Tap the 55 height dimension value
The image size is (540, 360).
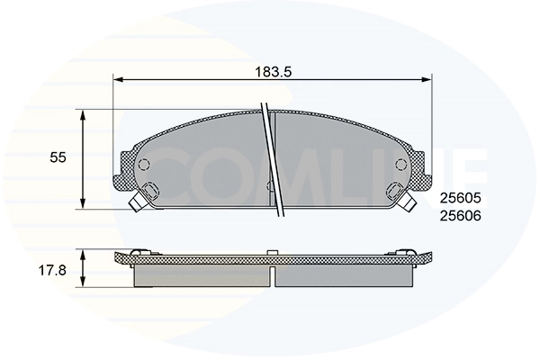(58, 157)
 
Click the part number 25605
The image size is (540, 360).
(461, 199)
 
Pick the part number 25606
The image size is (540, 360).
(461, 216)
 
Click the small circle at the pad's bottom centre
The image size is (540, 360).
(271, 186)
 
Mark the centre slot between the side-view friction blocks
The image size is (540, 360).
(272, 275)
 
